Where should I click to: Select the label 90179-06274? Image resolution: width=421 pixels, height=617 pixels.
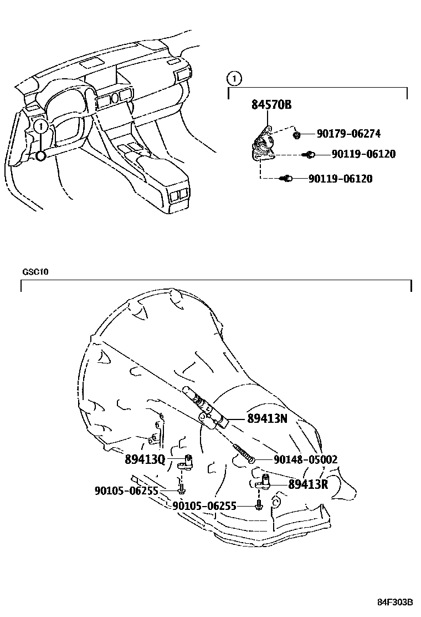pyautogui.click(x=348, y=134)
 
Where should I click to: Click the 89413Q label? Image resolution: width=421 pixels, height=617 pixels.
pyautogui.click(x=145, y=459)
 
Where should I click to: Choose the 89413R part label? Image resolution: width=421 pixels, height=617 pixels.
pyautogui.click(x=309, y=484)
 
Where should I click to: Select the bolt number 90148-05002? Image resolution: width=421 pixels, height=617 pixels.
pyautogui.click(x=305, y=459)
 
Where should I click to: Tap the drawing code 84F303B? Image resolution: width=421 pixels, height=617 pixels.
pyautogui.click(x=396, y=603)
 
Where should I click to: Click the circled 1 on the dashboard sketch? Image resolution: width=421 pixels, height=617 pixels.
pyautogui.click(x=40, y=127)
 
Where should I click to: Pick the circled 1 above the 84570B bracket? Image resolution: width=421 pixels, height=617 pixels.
pyautogui.click(x=235, y=79)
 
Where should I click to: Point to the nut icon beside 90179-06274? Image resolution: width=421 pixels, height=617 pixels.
pyautogui.click(x=297, y=134)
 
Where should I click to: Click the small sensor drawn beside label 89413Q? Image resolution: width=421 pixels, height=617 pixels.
pyautogui.click(x=186, y=462)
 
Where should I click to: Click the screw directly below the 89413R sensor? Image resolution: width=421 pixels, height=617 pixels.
pyautogui.click(x=259, y=505)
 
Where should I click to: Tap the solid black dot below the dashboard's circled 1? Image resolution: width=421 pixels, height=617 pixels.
pyautogui.click(x=41, y=156)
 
